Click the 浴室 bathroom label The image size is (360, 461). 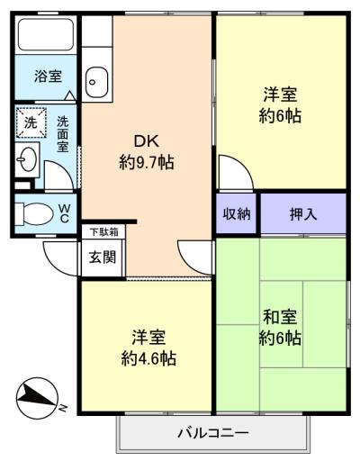coord(48,77)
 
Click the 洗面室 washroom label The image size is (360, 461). coord(62,132)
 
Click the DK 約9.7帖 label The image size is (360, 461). coord(146,153)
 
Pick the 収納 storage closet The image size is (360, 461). coord(237,214)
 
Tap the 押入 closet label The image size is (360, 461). coord(302,214)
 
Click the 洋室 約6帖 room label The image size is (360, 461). coord(280,104)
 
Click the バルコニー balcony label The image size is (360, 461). coord(215,434)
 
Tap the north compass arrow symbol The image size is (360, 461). coord(38,394)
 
